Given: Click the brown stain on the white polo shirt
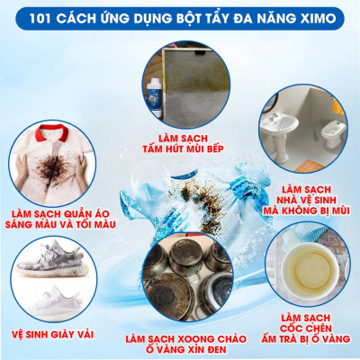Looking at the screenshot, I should click(x=49, y=148).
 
